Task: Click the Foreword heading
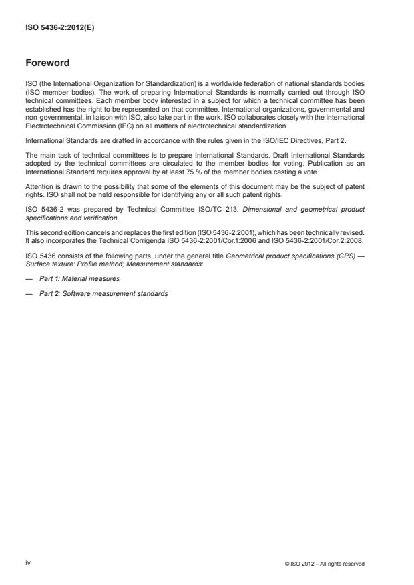[48, 64]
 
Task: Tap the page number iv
[28, 563]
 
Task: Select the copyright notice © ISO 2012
[324, 564]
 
